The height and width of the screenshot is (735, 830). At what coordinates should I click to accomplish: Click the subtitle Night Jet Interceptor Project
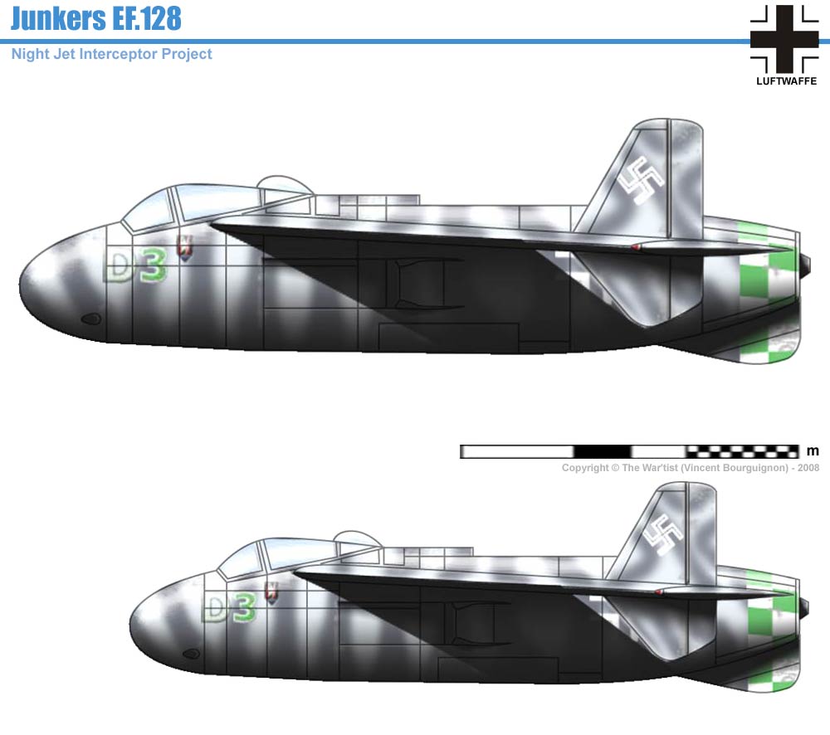[x=112, y=54]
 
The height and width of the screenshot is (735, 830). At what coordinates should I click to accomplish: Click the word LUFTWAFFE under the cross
[x=784, y=80]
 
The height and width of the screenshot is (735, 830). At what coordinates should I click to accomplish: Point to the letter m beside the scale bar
[x=813, y=451]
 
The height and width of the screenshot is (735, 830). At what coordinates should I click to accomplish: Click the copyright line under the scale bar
[x=690, y=468]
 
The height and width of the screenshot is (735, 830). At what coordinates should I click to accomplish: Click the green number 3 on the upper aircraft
[x=152, y=267]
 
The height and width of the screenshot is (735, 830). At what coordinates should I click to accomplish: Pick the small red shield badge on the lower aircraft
[x=271, y=591]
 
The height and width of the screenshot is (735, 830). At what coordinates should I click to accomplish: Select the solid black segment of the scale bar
[x=602, y=451]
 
